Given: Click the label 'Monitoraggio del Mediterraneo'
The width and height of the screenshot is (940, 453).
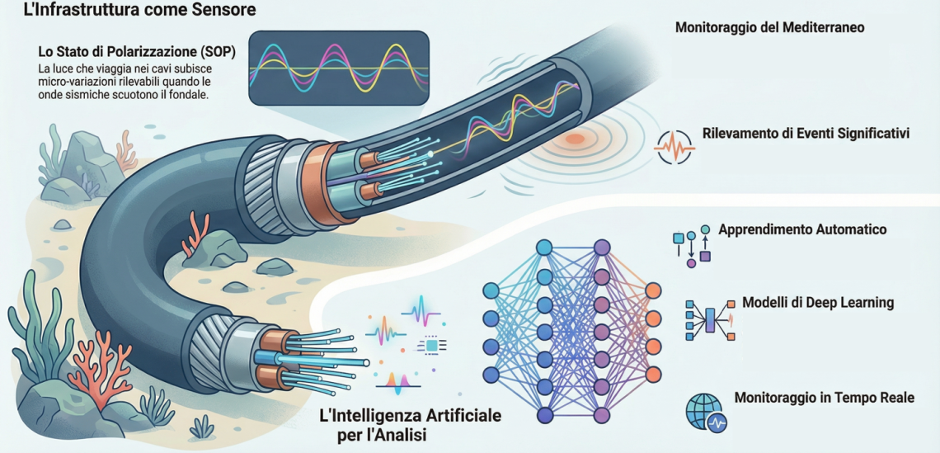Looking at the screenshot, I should tap(769, 27).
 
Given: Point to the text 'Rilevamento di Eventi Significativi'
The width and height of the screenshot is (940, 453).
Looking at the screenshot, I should tap(806, 133).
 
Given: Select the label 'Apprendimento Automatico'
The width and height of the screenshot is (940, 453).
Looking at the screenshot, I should tap(802, 229).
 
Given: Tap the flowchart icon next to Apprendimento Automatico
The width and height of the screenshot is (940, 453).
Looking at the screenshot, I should tap(692, 245).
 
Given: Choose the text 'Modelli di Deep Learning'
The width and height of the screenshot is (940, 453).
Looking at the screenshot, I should tap(818, 303).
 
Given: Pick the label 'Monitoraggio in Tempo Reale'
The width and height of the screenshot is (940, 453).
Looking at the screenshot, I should tap(824, 398).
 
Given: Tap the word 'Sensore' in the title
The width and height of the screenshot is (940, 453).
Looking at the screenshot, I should tap(222, 11).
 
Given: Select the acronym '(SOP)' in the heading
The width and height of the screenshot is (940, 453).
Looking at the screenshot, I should tap(216, 52).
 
